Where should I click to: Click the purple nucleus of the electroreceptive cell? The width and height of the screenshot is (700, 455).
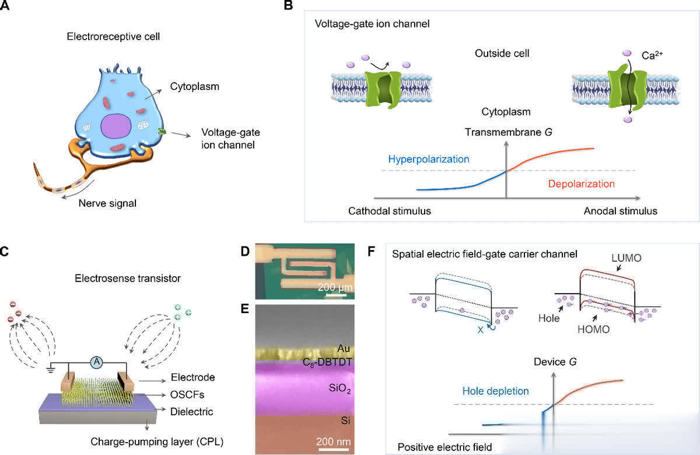(118, 127)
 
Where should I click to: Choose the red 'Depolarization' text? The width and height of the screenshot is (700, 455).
(581, 183)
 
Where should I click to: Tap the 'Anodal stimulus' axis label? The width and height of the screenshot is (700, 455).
(620, 211)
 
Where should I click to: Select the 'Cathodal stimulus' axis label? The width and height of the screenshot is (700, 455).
(389, 211)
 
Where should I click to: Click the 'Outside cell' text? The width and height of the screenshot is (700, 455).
(502, 54)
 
